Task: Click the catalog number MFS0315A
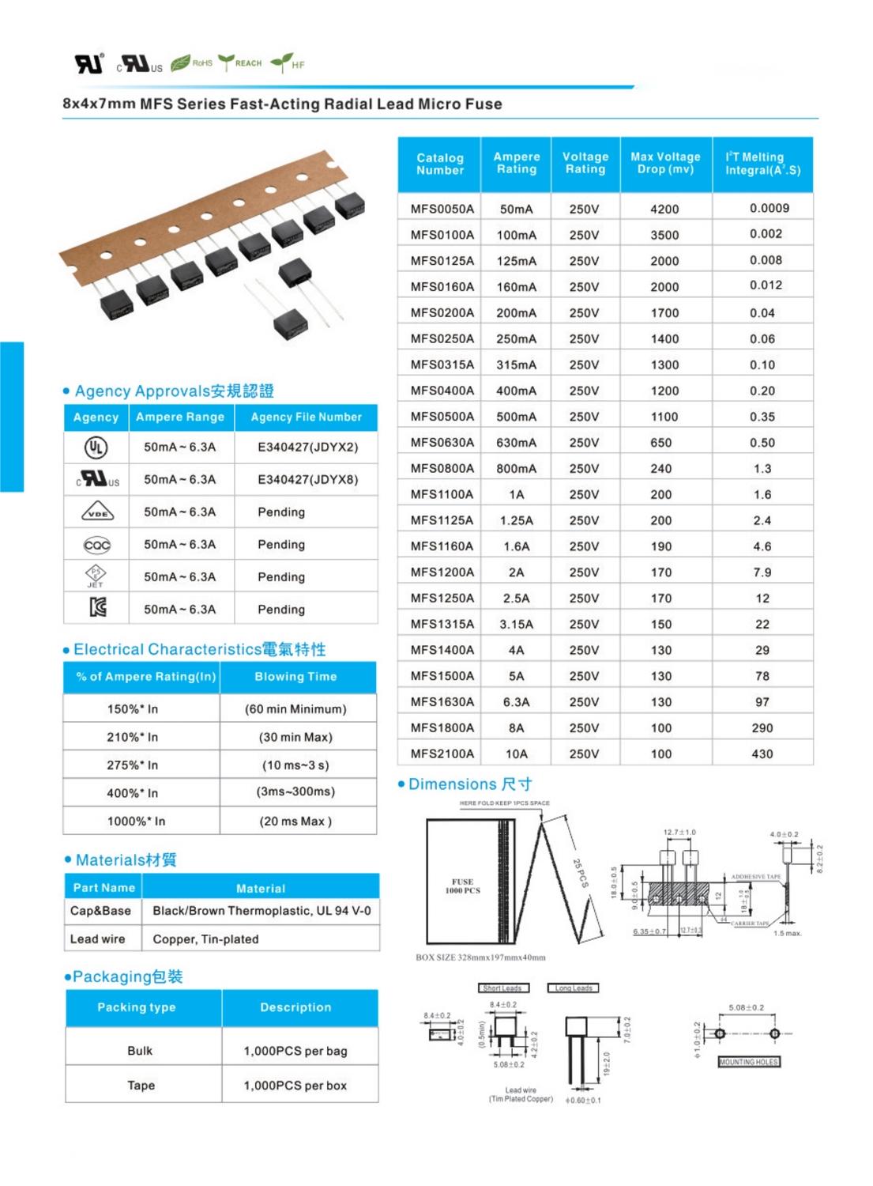pos(442,364)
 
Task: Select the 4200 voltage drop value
pos(664,209)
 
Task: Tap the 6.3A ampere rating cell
pos(516,701)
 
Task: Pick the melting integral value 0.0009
pos(769,208)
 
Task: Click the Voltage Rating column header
pos(585,163)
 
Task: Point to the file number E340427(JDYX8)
pos(307,479)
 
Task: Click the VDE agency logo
pos(97,513)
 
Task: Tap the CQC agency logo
pos(97,546)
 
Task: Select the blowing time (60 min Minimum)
pos(295,709)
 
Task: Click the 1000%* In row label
pos(136,821)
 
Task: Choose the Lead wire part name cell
pos(97,939)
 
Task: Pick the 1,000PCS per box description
pos(295,1086)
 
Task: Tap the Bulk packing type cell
pos(140,1051)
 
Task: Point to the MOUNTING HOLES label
pos(748,1062)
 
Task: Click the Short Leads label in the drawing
pos(502,988)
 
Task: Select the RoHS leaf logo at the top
pos(192,62)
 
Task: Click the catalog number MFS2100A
pos(442,754)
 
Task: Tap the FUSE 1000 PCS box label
pos(462,886)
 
